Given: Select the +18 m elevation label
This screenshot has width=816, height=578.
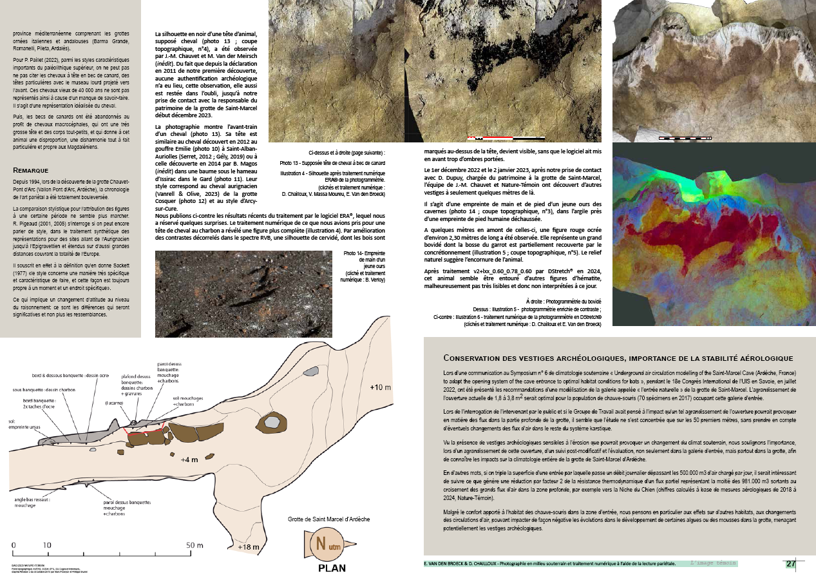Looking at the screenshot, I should coord(248,548).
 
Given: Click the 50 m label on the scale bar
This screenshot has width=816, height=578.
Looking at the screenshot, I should coord(196,545).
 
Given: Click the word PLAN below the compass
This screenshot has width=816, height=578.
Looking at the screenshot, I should coord(332,568).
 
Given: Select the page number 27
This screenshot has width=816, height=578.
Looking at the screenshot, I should coord(791,564).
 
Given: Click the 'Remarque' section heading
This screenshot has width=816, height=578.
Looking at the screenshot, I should coord(31,170).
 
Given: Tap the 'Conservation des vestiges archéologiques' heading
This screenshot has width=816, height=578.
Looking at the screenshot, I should coord(618,358).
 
